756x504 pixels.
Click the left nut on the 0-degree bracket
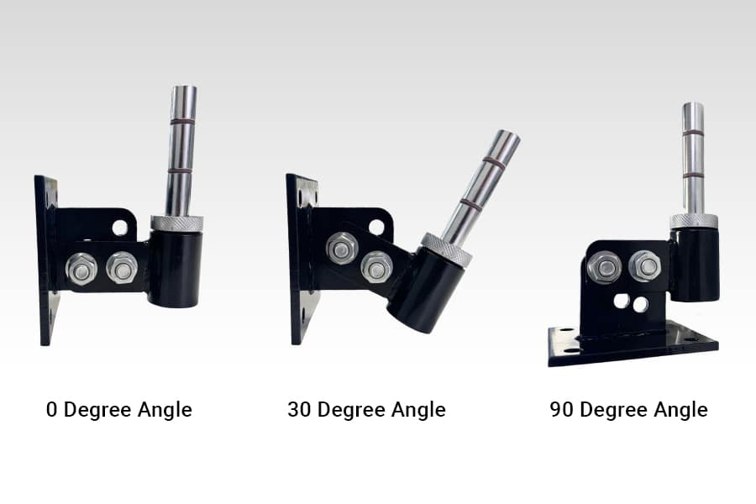point(81,269)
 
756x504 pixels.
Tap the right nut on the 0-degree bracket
point(122,269)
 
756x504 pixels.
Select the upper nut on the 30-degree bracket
point(342,249)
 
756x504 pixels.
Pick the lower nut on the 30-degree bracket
point(376,267)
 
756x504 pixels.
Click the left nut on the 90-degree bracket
point(605,268)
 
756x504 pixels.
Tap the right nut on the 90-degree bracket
point(644,267)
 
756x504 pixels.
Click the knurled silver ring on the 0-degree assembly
point(176,223)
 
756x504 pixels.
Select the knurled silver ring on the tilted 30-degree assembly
point(446,249)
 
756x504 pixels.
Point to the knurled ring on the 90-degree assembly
point(694,221)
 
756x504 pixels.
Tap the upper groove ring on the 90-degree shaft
point(693,133)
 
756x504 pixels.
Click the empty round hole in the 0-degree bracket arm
point(120,228)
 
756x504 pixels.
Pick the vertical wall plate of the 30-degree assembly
point(301,260)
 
